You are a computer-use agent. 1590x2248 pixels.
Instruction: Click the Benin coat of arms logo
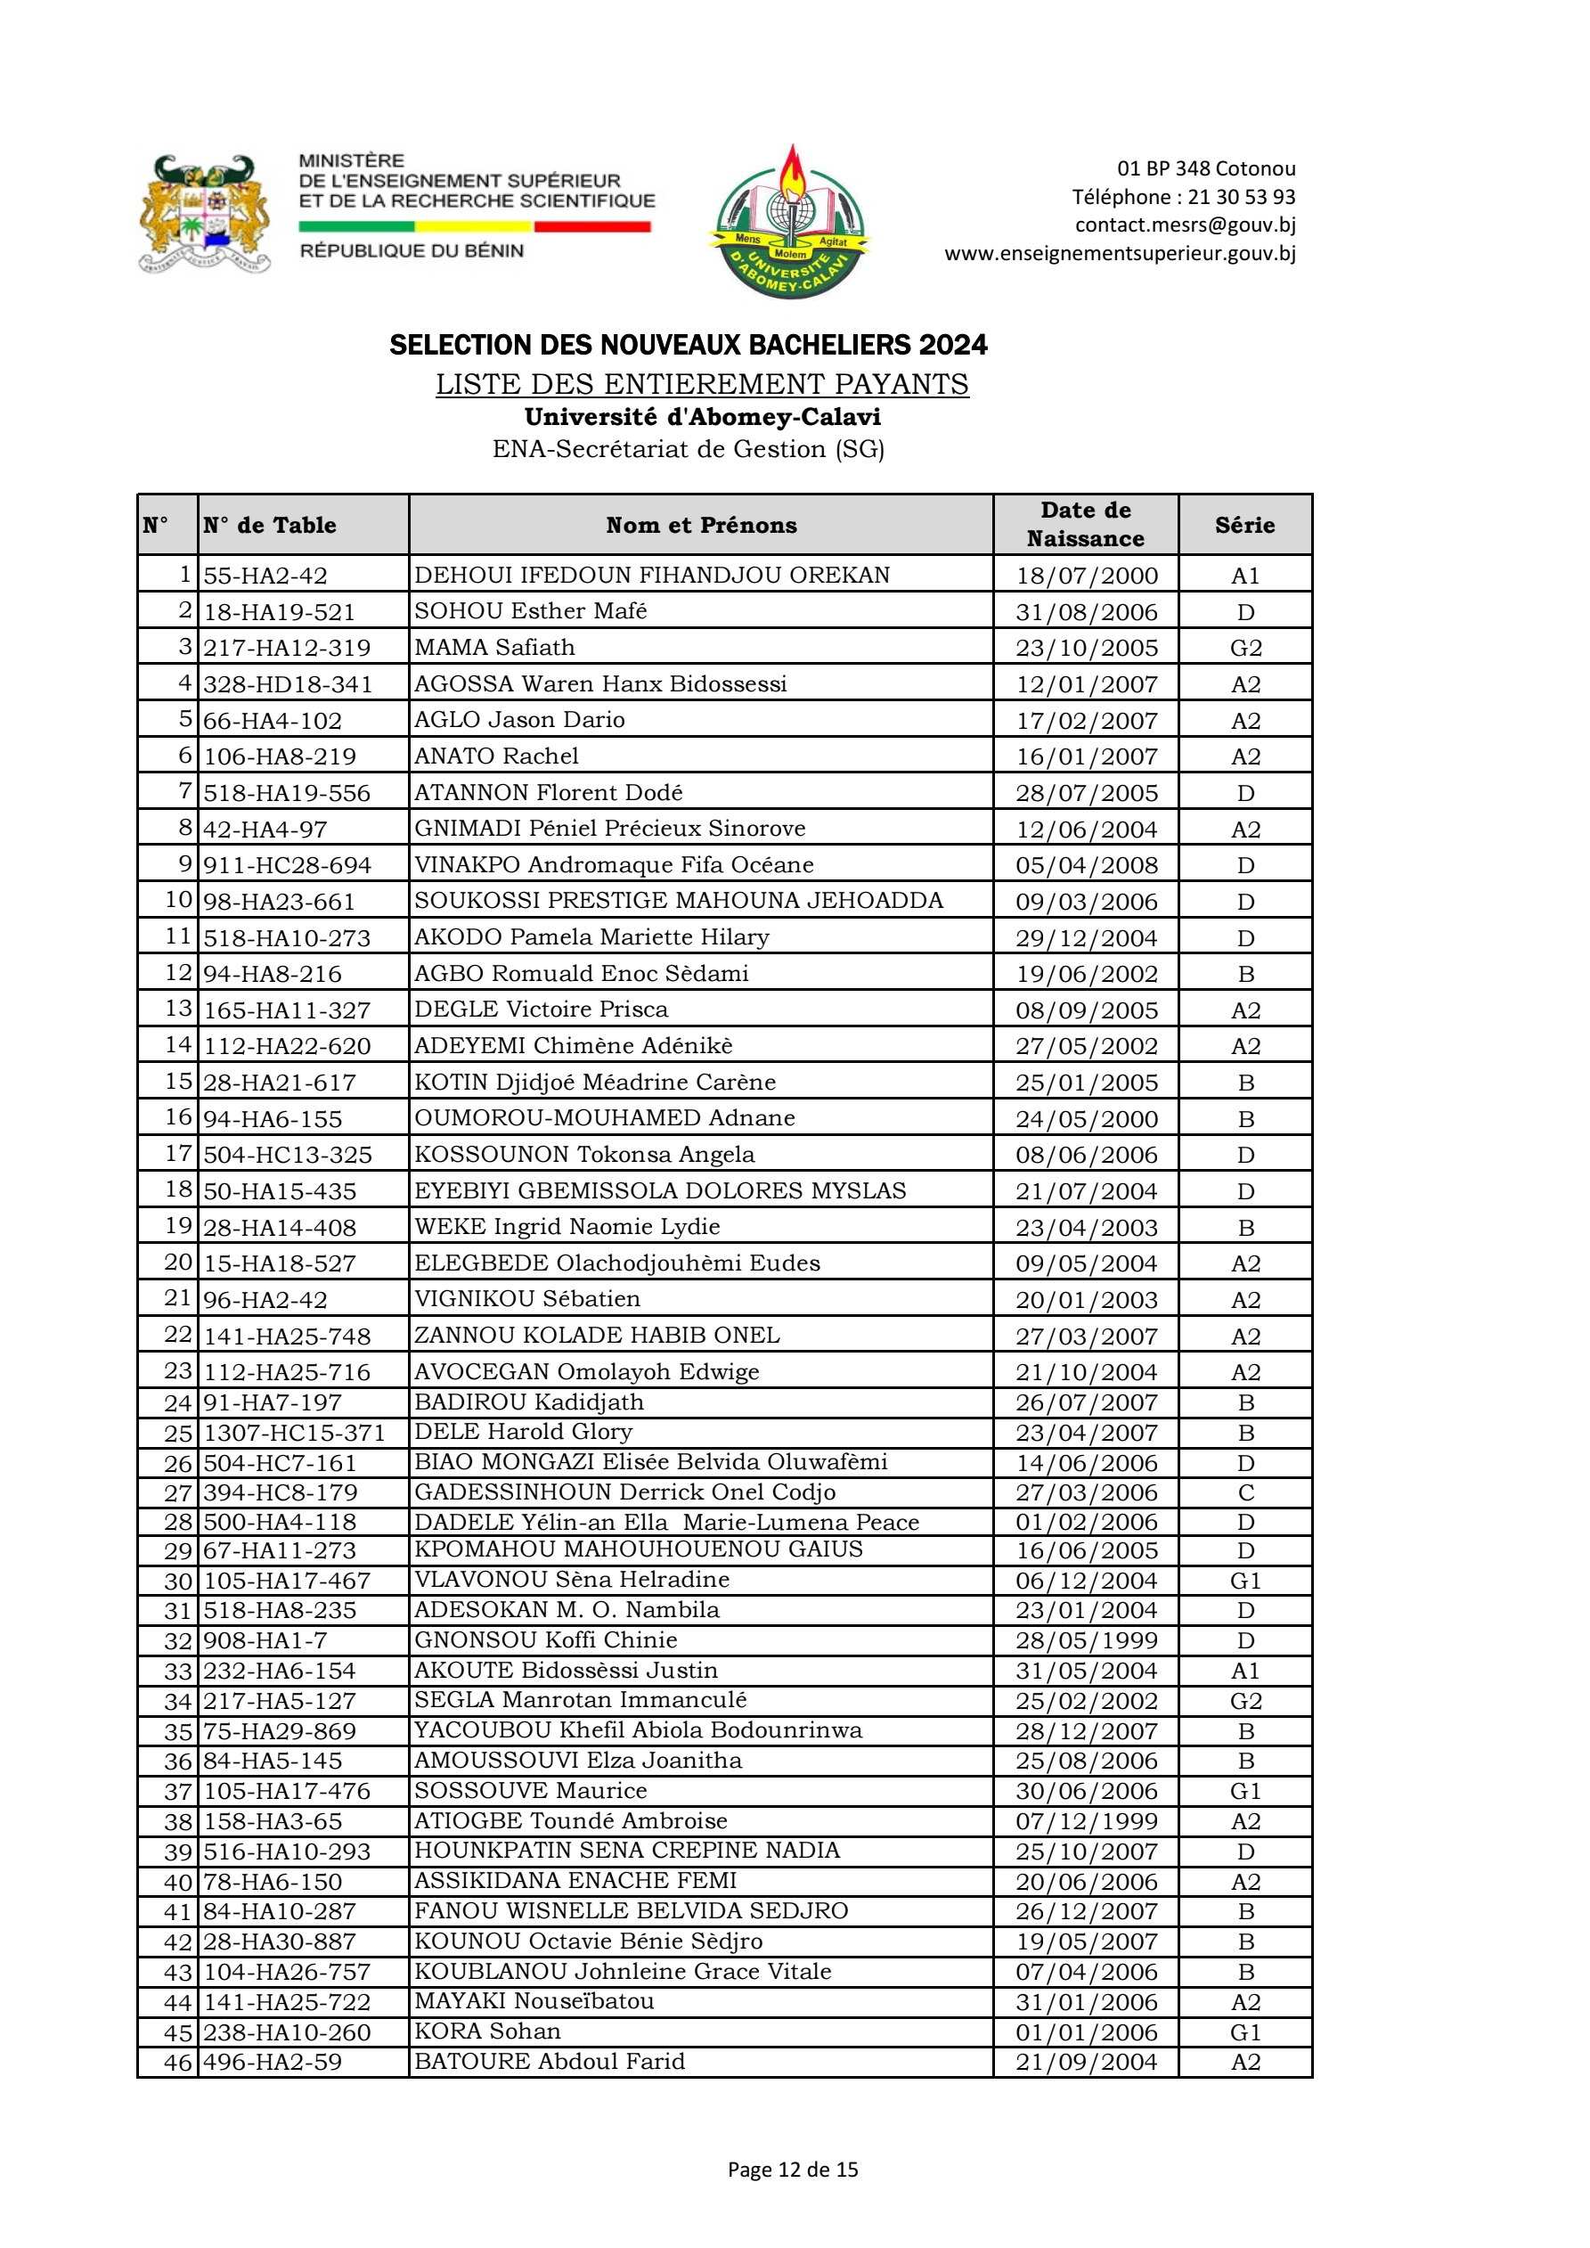click(x=205, y=214)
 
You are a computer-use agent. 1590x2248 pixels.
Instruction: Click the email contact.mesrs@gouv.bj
click(x=1185, y=225)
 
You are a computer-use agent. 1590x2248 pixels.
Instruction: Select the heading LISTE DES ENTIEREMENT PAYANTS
click(x=702, y=384)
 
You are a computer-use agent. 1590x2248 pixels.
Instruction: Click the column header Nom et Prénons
click(x=701, y=526)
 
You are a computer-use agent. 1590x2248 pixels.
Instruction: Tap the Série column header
click(x=1244, y=526)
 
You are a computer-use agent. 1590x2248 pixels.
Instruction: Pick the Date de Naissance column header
click(x=1085, y=525)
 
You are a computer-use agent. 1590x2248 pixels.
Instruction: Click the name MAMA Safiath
click(x=494, y=647)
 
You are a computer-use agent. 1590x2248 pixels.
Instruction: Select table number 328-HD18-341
click(x=288, y=684)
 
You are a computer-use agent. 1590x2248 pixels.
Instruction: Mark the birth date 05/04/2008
click(x=1086, y=865)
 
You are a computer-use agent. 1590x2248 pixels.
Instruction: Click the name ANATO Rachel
click(x=496, y=756)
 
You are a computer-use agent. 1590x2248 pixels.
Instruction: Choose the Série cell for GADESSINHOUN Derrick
click(x=1245, y=1492)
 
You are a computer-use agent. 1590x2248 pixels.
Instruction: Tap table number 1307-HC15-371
click(x=295, y=1433)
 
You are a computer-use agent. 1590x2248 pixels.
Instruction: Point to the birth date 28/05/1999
click(x=1086, y=1640)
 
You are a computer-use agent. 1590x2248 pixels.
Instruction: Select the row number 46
click(x=178, y=2062)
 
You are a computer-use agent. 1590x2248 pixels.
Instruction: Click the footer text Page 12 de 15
click(x=792, y=2170)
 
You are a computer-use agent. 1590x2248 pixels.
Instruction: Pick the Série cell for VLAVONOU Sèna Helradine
click(x=1245, y=1581)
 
